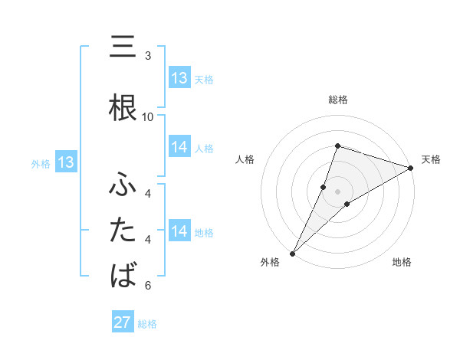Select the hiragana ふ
point(123,185)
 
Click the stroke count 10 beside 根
point(148,116)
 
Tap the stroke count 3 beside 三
point(148,56)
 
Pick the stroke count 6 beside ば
point(148,286)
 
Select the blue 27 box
point(123,322)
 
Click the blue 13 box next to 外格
point(65,162)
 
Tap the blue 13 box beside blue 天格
point(179,78)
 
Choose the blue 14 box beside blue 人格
point(179,147)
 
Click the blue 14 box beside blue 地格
point(179,231)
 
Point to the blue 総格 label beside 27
point(147,324)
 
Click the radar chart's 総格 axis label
point(337,100)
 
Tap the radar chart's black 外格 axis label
point(269,262)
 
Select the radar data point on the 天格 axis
point(411,169)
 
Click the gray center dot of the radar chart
point(337,191)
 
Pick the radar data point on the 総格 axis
point(337,146)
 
